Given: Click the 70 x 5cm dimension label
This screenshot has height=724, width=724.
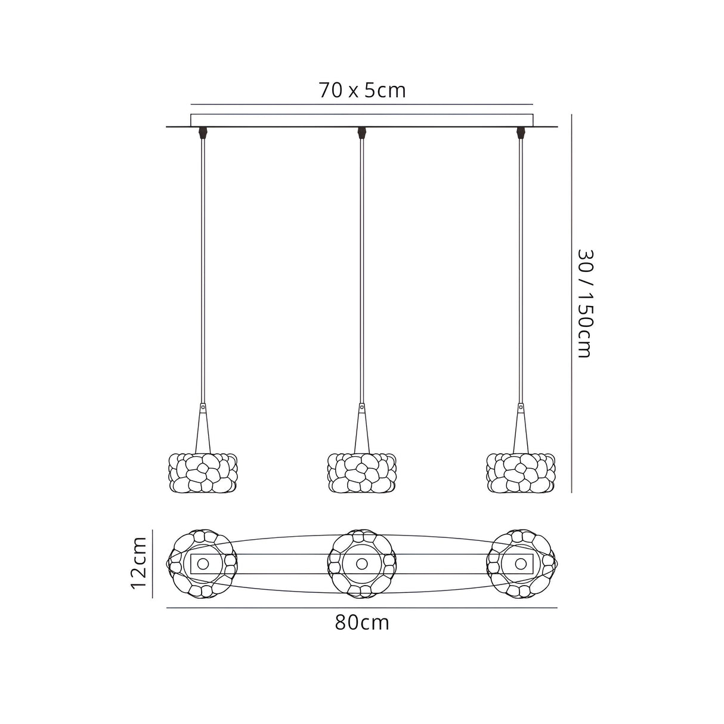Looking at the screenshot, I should pyautogui.click(x=362, y=90).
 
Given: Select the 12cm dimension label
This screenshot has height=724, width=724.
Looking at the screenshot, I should pyautogui.click(x=140, y=562).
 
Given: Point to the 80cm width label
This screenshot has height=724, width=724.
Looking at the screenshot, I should pyautogui.click(x=362, y=623).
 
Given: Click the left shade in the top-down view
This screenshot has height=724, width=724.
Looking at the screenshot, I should pyautogui.click(x=203, y=564).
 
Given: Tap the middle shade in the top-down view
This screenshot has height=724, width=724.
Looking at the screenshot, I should pyautogui.click(x=362, y=564).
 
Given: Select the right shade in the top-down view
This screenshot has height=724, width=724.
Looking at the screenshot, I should pyautogui.click(x=521, y=564).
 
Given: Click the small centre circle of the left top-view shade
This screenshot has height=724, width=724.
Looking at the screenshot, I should pyautogui.click(x=203, y=564).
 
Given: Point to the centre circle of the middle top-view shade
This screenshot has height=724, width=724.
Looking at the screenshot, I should pyautogui.click(x=362, y=564).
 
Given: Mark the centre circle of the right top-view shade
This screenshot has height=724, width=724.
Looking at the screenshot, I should pyautogui.click(x=521, y=564).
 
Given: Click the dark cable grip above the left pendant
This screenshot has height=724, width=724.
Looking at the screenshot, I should pyautogui.click(x=203, y=131).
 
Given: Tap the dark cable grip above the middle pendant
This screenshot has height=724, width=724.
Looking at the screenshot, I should pyautogui.click(x=361, y=131).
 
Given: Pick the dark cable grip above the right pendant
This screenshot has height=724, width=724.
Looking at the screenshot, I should pyautogui.click(x=521, y=131).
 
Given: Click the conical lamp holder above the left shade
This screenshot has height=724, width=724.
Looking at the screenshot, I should pyautogui.click(x=203, y=429).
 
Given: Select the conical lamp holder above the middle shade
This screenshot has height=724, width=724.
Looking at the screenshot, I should pyautogui.click(x=362, y=429).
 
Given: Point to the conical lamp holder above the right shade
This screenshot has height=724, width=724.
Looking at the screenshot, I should pyautogui.click(x=521, y=429).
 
